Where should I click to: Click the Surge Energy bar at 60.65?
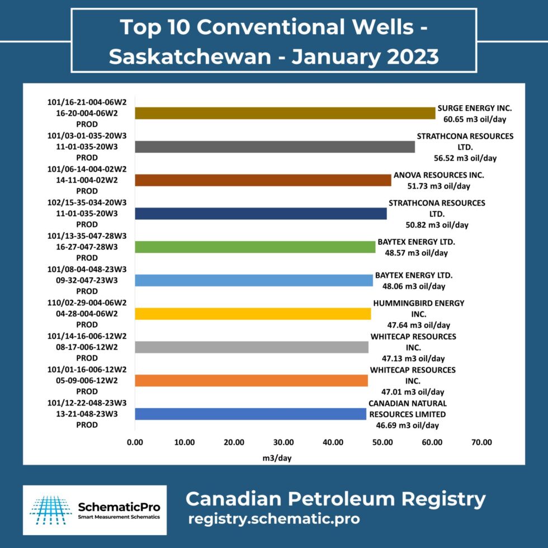[x=285, y=113]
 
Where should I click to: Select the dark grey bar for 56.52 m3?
[x=275, y=147]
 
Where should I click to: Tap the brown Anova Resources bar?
[x=263, y=180]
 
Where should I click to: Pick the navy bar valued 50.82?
[x=261, y=214]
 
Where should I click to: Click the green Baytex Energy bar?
[x=255, y=247]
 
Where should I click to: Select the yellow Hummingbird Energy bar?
[x=253, y=314]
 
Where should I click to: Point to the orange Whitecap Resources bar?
[x=251, y=381]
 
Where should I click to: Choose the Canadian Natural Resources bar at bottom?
[x=251, y=414]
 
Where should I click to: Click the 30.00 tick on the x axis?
[x=284, y=442]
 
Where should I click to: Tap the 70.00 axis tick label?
[x=481, y=442]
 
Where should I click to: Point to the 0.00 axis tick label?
[x=135, y=442]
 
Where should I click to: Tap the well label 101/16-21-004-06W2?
[x=87, y=102]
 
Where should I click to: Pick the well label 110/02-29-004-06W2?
[x=87, y=303]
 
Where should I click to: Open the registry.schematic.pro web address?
[x=274, y=518]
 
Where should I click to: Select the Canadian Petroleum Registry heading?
[x=336, y=498]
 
